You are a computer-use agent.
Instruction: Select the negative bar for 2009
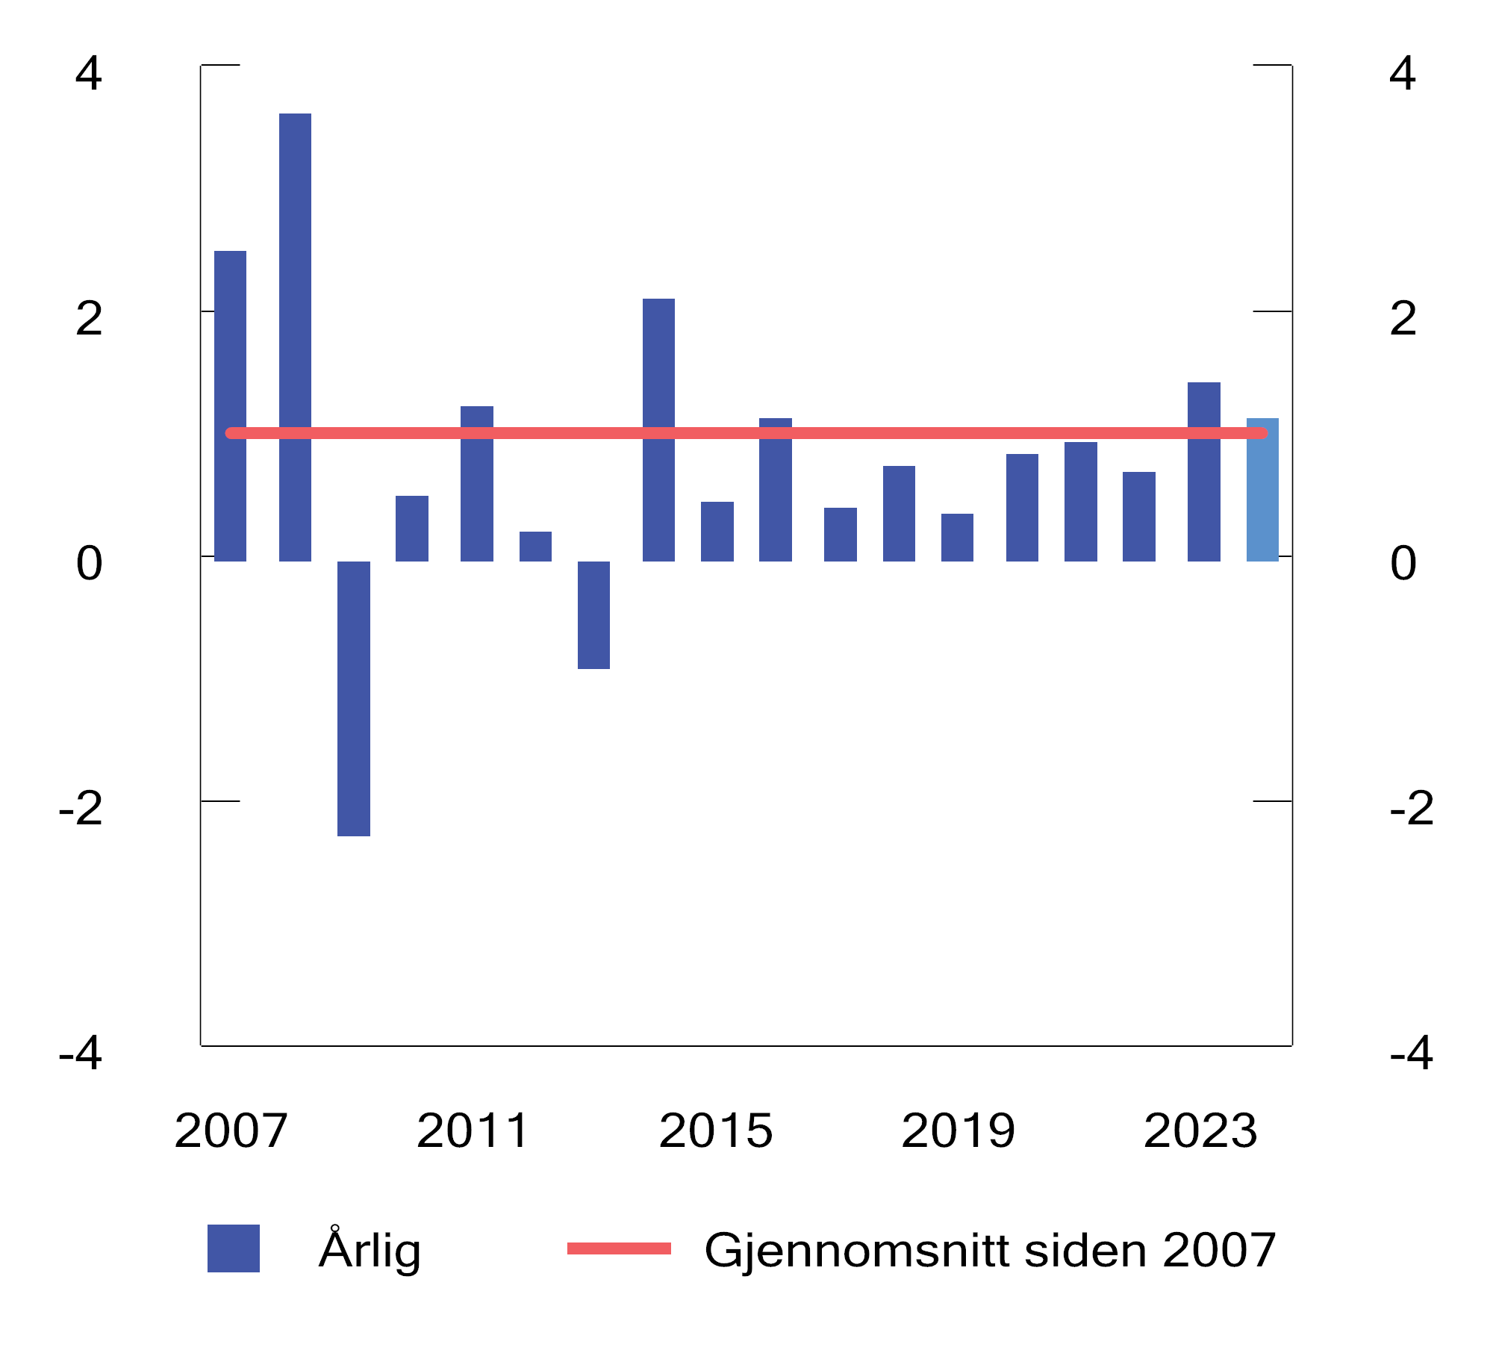tap(353, 698)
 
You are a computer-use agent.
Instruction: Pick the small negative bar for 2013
tap(593, 615)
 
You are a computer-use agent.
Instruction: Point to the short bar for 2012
tap(535, 546)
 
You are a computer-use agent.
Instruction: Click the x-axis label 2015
tap(715, 1130)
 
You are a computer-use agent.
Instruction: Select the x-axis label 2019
tap(958, 1130)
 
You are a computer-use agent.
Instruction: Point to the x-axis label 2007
tap(231, 1130)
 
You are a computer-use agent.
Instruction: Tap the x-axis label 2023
tap(1200, 1130)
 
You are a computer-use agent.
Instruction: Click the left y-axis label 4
tap(89, 74)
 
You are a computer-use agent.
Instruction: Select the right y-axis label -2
tap(1411, 808)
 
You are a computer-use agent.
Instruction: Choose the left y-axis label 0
tap(89, 564)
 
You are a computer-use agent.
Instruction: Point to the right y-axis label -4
tap(1411, 1054)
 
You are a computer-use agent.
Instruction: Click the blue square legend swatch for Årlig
tap(233, 1248)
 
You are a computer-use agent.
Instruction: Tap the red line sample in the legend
tap(619, 1248)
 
